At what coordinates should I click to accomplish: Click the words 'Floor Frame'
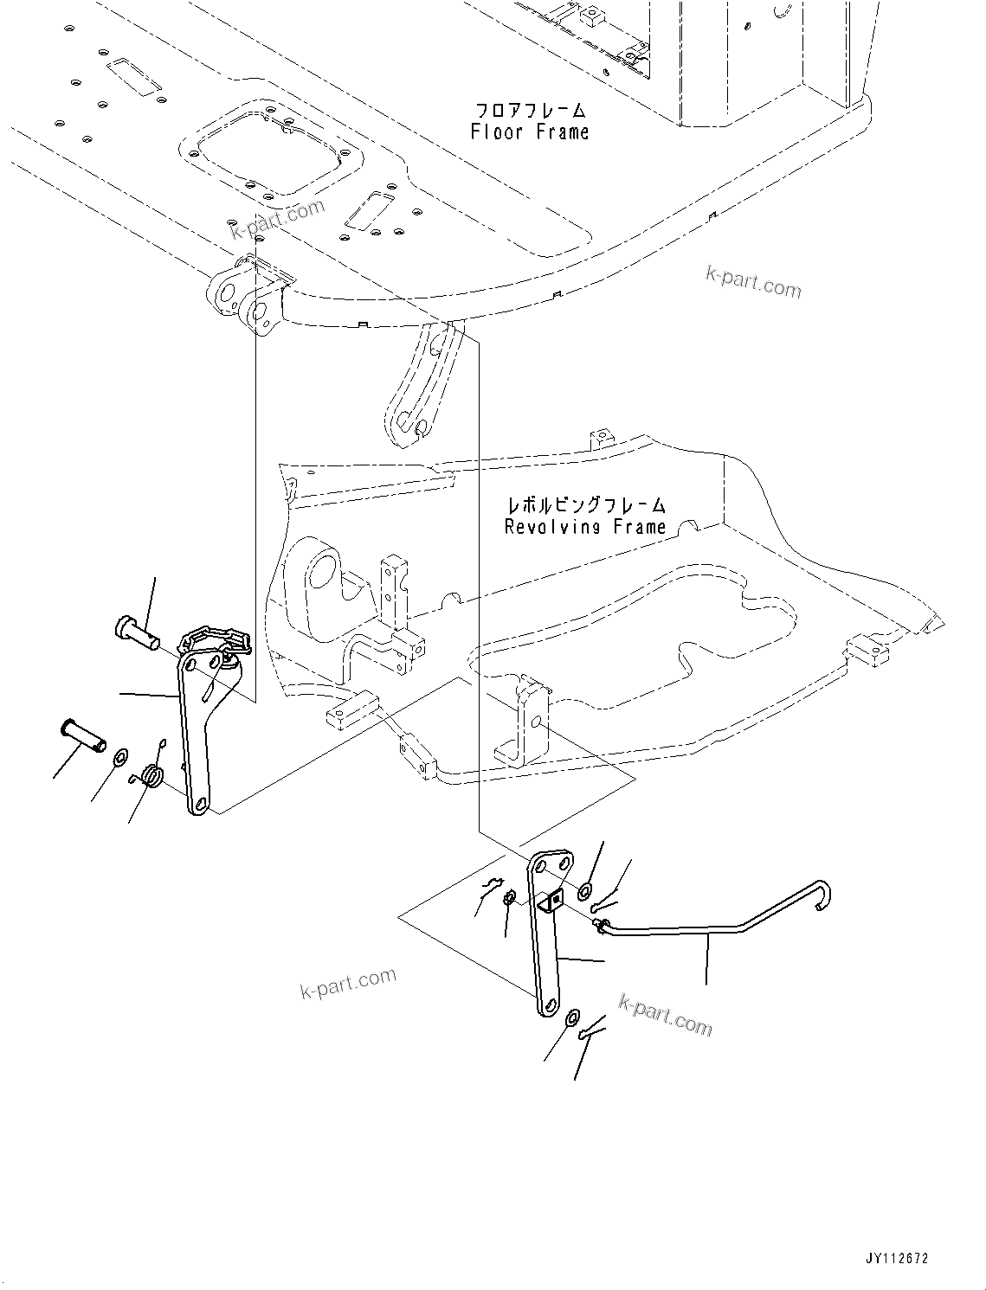pyautogui.click(x=529, y=132)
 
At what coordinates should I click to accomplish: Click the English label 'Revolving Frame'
pyautogui.click(x=585, y=527)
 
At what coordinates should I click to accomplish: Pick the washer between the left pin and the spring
pyautogui.click(x=119, y=759)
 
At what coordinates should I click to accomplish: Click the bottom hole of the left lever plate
pyautogui.click(x=200, y=805)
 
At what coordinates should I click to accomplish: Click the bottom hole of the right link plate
pyautogui.click(x=547, y=1005)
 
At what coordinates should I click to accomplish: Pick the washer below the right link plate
pyautogui.click(x=572, y=1018)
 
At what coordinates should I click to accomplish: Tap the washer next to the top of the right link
pyautogui.click(x=586, y=890)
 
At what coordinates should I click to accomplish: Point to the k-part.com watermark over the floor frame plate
pyautogui.click(x=277, y=217)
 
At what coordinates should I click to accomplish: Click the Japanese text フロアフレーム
pyautogui.click(x=531, y=111)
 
